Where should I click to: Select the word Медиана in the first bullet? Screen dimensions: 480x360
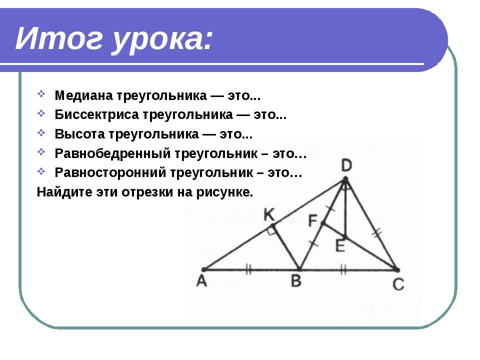(x=84, y=95)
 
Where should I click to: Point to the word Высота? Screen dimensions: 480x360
(x=79, y=134)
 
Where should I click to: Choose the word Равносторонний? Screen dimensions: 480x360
(x=110, y=173)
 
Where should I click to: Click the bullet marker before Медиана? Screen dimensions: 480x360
(x=41, y=94)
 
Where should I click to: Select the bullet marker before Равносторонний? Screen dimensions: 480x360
(x=41, y=171)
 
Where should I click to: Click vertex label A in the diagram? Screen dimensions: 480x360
(x=201, y=280)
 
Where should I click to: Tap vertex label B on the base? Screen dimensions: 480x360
(x=296, y=280)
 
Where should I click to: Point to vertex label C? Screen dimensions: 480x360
(x=398, y=284)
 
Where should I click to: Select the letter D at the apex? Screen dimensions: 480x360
(x=346, y=166)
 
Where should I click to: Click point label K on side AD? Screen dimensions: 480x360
(x=269, y=215)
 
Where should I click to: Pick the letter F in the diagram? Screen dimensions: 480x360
(x=313, y=220)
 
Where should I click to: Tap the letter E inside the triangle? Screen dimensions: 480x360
(x=340, y=246)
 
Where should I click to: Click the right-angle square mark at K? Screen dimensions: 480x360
(x=271, y=230)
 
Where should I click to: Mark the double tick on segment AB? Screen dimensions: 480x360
(x=248, y=269)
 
